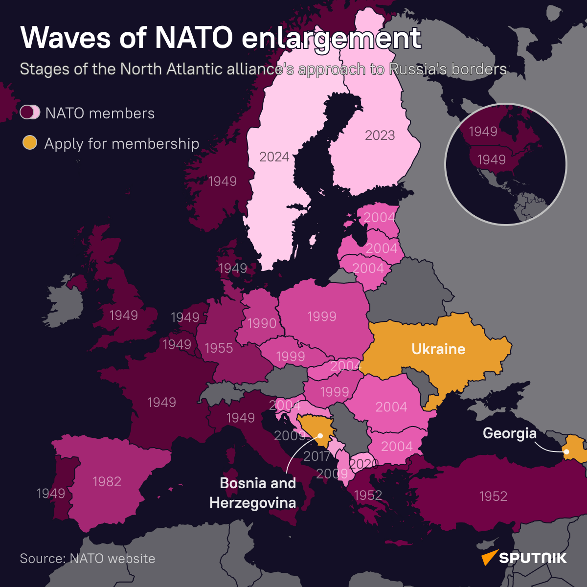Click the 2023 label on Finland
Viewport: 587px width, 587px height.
380,135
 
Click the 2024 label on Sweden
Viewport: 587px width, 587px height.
274,157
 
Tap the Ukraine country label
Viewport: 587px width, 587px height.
438,349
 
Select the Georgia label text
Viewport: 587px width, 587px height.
509,433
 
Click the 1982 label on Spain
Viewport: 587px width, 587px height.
107,482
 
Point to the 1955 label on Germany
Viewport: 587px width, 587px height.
219,348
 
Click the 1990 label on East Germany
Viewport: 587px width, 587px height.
262,323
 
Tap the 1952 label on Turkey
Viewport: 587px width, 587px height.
493,497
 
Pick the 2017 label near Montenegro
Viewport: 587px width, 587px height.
316,456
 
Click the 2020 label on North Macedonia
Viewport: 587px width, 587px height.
364,464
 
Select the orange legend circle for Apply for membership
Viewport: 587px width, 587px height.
30,143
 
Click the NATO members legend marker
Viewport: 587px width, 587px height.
30,113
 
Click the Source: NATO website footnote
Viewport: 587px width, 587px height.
88,559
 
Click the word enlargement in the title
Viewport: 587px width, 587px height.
331,38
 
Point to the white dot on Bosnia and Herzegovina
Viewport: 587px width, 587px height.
320,435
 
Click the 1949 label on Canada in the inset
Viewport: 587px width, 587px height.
483,132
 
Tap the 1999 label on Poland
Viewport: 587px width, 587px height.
322,316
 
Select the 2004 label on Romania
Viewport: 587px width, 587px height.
391,407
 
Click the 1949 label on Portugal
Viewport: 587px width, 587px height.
51,494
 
